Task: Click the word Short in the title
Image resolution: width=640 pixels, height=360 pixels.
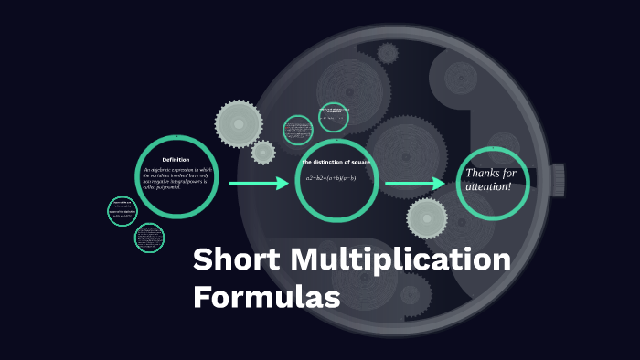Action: tap(235, 260)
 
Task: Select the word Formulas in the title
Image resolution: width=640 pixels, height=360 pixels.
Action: tap(266, 298)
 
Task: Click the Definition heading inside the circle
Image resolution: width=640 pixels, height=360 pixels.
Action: tap(176, 160)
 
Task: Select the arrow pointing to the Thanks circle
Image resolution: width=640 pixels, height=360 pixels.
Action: tap(415, 185)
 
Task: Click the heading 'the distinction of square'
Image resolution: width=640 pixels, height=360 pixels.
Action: tap(336, 162)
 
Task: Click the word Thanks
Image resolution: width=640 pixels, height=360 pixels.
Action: tap(484, 173)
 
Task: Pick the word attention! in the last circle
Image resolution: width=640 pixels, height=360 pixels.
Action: tap(490, 186)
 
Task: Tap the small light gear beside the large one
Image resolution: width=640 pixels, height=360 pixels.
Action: tap(263, 152)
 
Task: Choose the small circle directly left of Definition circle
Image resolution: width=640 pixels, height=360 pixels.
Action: tap(123, 211)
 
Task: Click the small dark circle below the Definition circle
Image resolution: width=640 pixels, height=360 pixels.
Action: tap(149, 238)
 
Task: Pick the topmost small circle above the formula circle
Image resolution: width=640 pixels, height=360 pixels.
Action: tap(334, 117)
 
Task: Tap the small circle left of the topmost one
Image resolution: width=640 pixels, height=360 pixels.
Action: tap(298, 130)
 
